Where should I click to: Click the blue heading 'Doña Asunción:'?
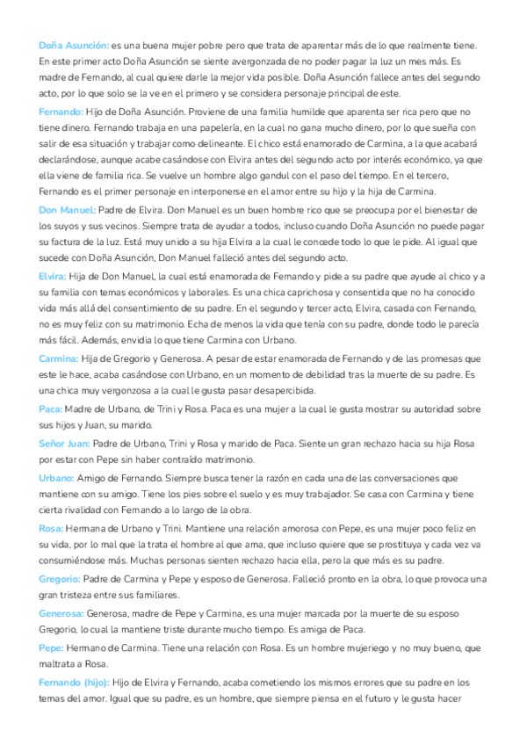[74, 45]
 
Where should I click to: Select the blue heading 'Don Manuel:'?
[67, 210]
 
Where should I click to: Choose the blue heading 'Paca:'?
[49, 409]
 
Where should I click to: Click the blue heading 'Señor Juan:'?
[64, 443]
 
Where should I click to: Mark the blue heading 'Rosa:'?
[51, 528]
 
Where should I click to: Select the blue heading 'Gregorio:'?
[60, 579]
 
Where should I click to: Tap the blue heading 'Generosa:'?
[61, 613]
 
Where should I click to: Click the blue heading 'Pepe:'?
[51, 647]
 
